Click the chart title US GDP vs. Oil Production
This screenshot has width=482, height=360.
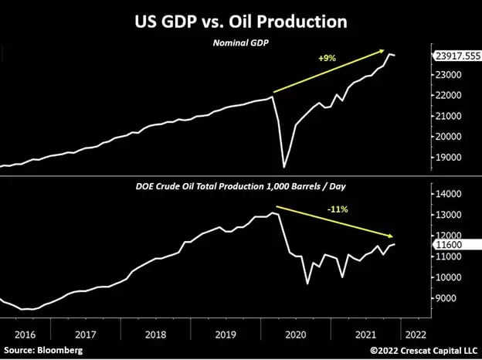241,22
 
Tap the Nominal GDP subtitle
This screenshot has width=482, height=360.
240,44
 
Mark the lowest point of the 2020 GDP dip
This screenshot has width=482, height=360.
284,166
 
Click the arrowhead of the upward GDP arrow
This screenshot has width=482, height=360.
384,50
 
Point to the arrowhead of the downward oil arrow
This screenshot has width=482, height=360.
394,236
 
